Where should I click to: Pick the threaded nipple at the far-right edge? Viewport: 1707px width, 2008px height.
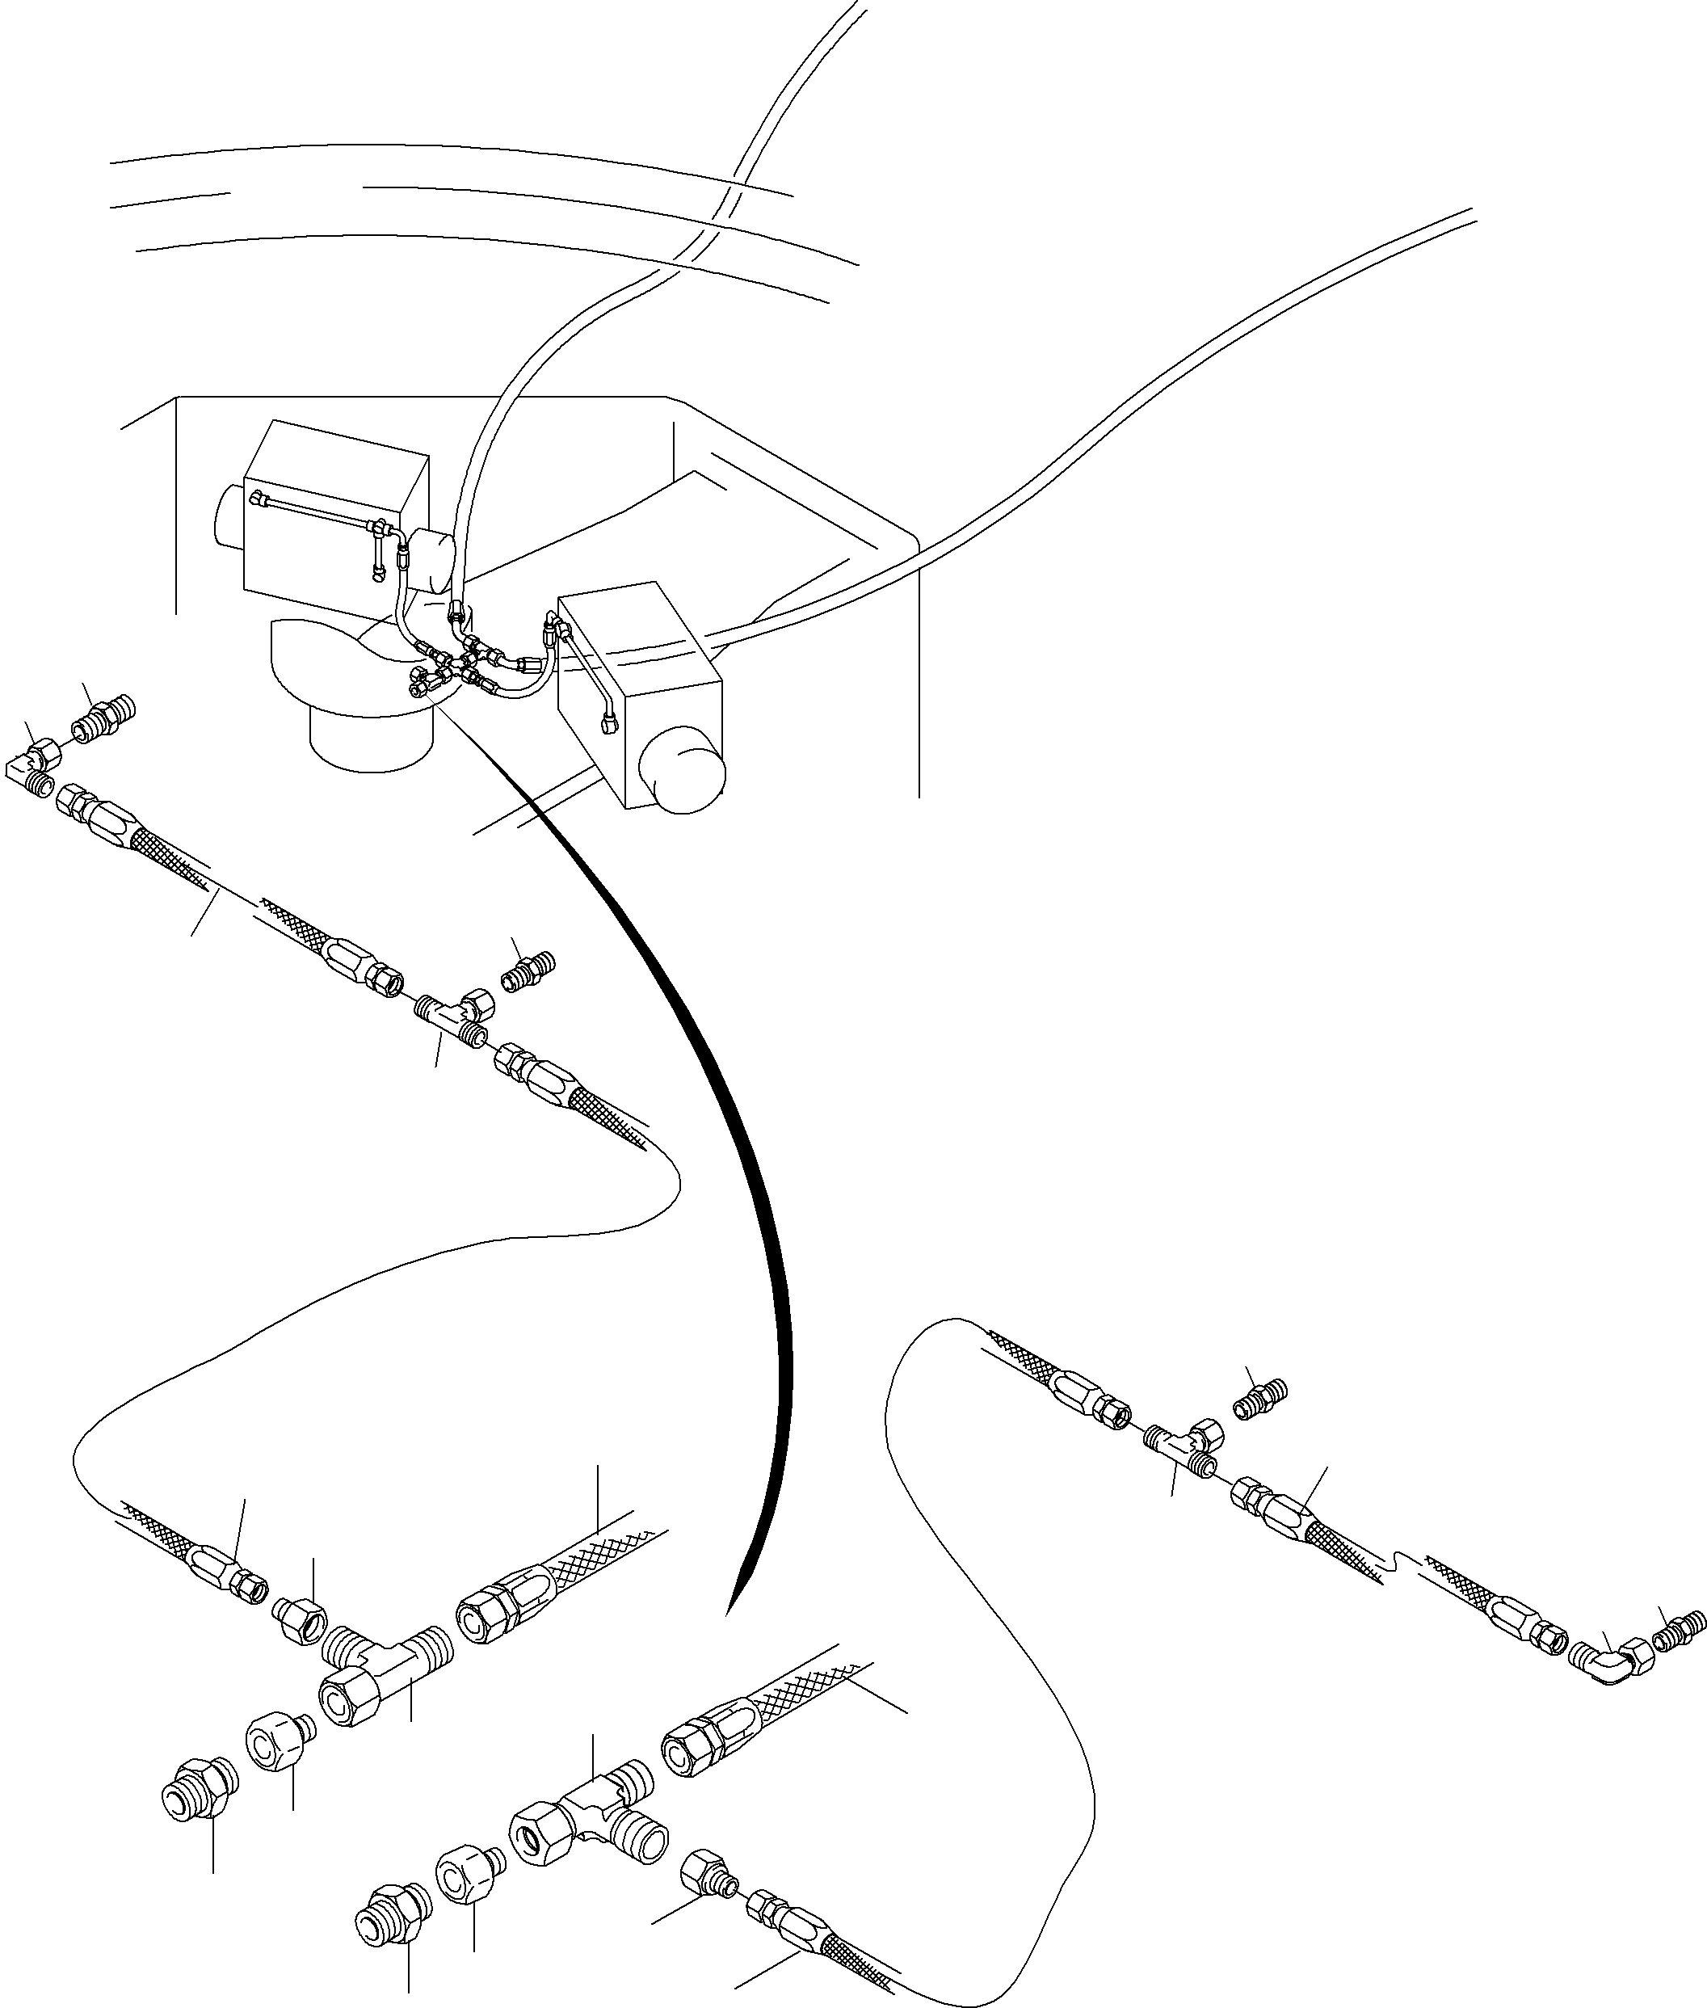coord(1679,1636)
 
